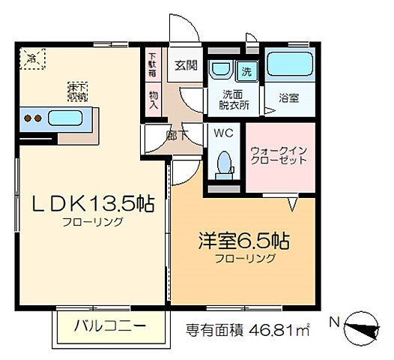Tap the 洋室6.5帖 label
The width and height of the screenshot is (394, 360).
coord(244,244)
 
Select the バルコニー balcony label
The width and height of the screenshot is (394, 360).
coord(111,326)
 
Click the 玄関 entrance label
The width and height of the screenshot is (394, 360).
coord(186,64)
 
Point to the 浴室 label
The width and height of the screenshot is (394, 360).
coord(288,97)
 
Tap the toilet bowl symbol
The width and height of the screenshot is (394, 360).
coord(223,164)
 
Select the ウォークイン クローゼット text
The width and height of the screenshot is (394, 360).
coord(277,154)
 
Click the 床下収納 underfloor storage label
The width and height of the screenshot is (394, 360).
coord(78,91)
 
